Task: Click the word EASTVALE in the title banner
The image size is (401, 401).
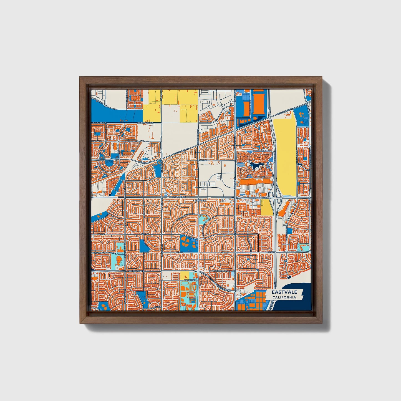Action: point(284,292)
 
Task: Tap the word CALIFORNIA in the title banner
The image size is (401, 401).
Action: point(284,297)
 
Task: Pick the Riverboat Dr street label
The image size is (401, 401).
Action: point(220,271)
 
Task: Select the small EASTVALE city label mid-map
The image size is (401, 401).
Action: point(200,200)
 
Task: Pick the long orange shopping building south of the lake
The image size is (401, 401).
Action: point(254,181)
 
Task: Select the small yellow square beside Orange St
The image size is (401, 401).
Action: point(184,276)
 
